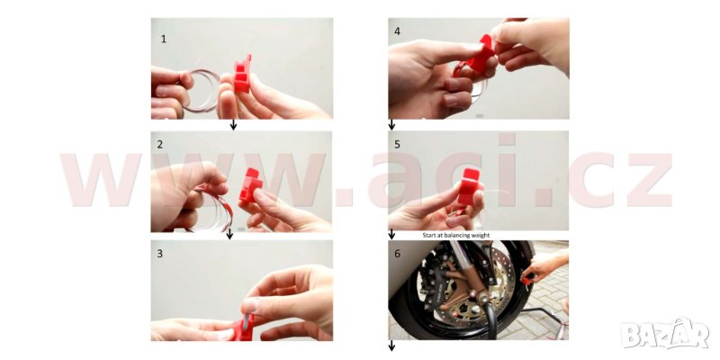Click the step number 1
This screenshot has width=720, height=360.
[x=164, y=39]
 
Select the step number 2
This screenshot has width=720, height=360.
[x=160, y=145]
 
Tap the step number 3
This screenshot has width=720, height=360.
[x=160, y=254]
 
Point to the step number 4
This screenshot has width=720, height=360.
[x=397, y=31]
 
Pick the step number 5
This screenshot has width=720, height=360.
[x=397, y=145]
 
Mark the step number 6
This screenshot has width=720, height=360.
[x=397, y=254]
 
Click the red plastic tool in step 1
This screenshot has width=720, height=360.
[x=242, y=75]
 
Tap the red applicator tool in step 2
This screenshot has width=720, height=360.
[x=250, y=184]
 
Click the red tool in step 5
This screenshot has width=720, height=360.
[x=469, y=186]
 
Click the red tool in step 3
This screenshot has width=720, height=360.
[x=243, y=327]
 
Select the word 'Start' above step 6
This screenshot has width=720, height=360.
[x=429, y=235]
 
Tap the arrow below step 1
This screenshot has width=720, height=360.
[x=233, y=124]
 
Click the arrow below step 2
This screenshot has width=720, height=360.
[x=230, y=234]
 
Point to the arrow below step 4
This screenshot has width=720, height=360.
[x=391, y=124]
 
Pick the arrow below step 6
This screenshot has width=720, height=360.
[x=391, y=346]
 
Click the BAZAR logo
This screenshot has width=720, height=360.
[x=665, y=334]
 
